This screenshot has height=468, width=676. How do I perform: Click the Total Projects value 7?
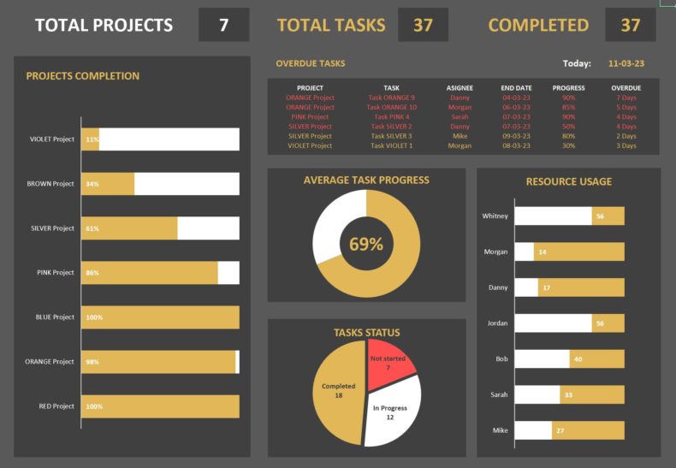223,25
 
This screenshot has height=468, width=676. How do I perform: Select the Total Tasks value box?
423,25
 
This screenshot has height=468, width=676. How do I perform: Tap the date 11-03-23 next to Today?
626,63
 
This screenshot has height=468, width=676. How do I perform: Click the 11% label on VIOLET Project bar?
92,139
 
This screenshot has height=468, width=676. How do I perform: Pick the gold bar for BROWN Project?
108,184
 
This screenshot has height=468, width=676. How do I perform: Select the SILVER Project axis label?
52,228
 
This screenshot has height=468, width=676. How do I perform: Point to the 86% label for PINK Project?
92,273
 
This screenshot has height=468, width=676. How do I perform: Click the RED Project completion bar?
160,406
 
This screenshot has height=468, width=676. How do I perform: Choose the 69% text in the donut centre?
366,244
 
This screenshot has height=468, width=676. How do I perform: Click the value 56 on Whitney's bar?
600,216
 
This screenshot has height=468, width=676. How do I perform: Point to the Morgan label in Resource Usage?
495,252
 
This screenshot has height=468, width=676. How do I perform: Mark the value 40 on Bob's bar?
578,359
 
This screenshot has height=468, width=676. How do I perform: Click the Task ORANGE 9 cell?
391,98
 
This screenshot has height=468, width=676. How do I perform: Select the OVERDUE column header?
626,87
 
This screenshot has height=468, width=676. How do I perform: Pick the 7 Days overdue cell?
626,98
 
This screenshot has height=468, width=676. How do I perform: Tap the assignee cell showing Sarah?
460,116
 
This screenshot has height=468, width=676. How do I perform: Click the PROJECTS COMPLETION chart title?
83,76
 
